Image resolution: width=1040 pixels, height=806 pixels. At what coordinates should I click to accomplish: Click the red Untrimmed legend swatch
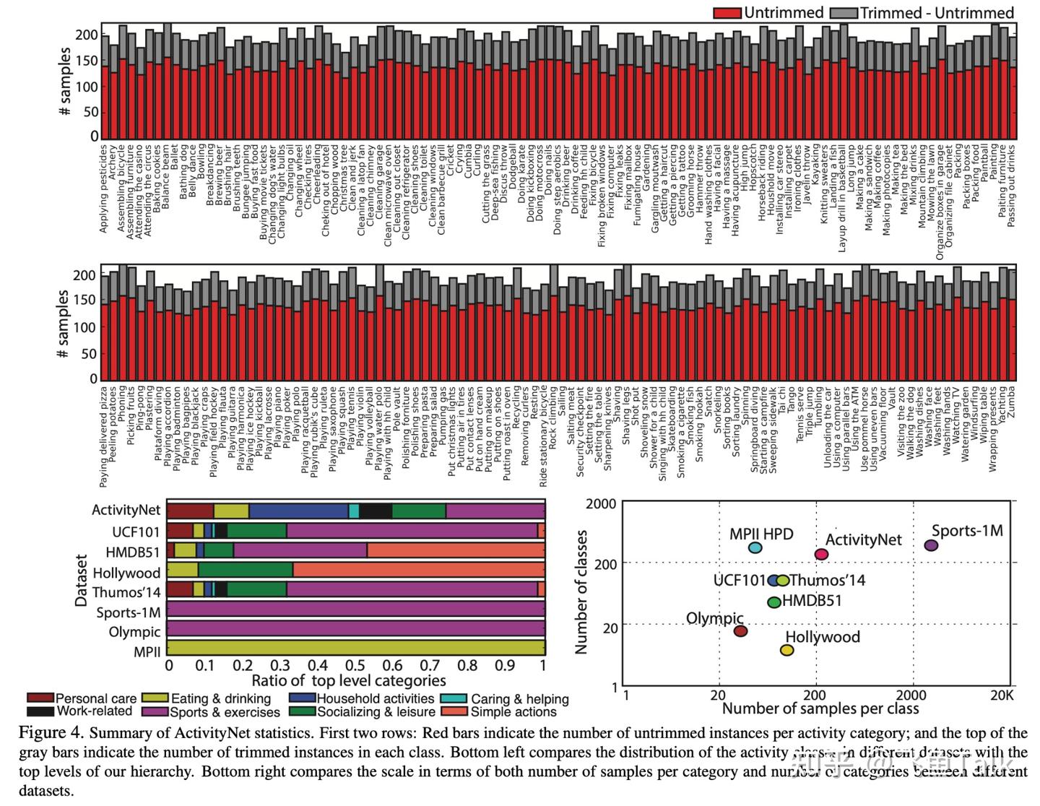pos(727,12)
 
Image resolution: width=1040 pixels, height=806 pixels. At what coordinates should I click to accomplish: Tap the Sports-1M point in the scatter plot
pos(932,545)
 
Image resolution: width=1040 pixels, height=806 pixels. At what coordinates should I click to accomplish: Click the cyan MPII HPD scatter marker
pos(755,547)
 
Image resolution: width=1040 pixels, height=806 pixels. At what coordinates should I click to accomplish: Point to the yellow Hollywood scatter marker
pos(787,650)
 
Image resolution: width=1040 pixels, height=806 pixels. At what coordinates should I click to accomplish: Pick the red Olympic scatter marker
pos(740,631)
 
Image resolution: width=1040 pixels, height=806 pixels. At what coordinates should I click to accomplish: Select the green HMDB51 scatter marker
pos(774,602)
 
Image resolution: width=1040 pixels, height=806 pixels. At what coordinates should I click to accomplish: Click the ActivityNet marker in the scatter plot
pos(821,555)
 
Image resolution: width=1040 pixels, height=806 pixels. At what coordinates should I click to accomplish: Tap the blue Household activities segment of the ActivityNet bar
pos(298,511)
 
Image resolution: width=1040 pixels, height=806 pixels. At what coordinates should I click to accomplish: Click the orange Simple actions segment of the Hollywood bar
pos(419,570)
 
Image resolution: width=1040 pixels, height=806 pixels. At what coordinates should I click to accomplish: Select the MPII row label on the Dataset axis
pos(147,651)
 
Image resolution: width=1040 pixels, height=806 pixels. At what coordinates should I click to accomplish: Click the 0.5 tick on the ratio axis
pos(355,666)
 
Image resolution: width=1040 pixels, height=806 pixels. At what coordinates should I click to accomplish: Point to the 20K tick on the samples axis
pos(1002,695)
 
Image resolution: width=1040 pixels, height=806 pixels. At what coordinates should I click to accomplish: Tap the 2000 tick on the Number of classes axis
pos(601,504)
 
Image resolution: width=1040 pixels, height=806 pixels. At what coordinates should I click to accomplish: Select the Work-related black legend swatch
pos(40,711)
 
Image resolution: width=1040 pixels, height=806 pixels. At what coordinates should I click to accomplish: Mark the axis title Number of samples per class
pos(820,708)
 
